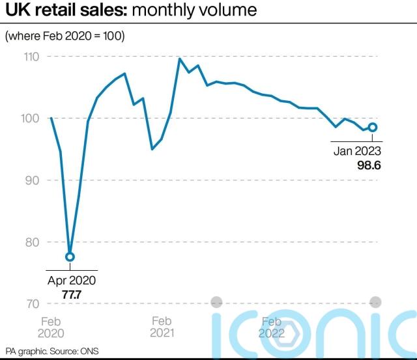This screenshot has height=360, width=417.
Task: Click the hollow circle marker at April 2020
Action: (70, 256)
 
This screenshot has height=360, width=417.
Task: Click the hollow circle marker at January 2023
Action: (373, 127)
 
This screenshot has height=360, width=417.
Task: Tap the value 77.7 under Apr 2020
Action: (71, 294)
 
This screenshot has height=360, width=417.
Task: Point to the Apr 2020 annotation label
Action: (71, 281)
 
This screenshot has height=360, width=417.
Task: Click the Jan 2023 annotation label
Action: (357, 152)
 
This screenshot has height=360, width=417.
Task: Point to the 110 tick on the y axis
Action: (32, 57)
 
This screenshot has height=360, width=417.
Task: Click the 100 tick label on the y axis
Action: (32, 118)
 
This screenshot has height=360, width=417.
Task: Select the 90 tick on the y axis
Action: (33, 180)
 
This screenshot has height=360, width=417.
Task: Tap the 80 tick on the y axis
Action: (33, 242)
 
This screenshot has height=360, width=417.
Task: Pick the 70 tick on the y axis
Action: (33, 304)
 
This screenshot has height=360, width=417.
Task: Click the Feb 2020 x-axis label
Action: (51, 327)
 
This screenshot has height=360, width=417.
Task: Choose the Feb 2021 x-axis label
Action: (162, 327)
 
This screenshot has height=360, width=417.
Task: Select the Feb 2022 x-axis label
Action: (270, 327)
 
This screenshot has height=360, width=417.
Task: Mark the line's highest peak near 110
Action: (179, 59)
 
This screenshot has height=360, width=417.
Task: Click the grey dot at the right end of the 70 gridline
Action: (375, 302)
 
